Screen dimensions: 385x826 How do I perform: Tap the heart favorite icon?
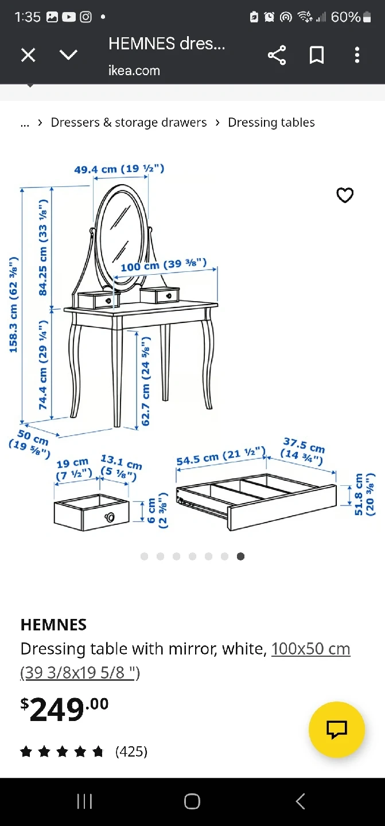[x=345, y=195]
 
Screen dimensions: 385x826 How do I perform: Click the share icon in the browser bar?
[x=277, y=55]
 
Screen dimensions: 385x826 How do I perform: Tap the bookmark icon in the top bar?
[x=317, y=55]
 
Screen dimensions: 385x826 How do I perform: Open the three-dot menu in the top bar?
[x=357, y=55]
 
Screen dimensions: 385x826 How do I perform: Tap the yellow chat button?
[x=337, y=730]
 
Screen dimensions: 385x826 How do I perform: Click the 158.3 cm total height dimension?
[x=13, y=305]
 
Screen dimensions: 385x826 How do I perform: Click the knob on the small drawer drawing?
[x=110, y=517]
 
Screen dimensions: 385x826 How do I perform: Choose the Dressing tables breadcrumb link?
[x=271, y=122]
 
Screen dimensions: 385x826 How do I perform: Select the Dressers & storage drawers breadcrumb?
[x=129, y=122]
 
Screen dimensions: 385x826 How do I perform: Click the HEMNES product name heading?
[x=53, y=625]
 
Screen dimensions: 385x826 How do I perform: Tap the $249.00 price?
[x=64, y=709]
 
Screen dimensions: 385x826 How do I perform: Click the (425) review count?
[x=131, y=751]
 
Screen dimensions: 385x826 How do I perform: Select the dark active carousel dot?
[x=241, y=556]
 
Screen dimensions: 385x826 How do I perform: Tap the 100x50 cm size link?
[x=311, y=649]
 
